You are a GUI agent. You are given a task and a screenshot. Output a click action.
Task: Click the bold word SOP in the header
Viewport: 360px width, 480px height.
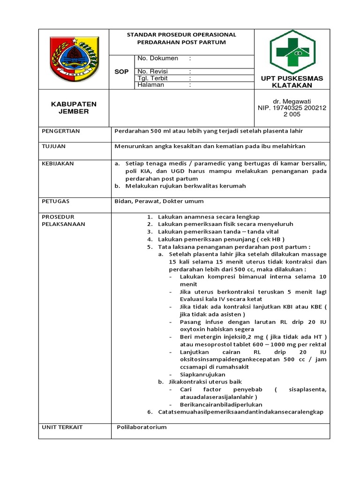(x=121, y=72)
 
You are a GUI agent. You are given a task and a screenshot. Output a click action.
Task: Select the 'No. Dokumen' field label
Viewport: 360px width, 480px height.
(x=157, y=59)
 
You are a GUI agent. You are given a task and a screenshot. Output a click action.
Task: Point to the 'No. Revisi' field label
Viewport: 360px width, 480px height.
(x=153, y=72)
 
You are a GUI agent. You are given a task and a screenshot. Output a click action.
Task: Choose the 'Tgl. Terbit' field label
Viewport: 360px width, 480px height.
(x=153, y=78)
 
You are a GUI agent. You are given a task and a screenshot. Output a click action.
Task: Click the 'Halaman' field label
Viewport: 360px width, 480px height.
(x=151, y=85)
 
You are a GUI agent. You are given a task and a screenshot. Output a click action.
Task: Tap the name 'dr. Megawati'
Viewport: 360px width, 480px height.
(x=292, y=101)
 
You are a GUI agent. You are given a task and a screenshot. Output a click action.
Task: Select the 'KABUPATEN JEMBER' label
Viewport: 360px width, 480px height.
(x=74, y=108)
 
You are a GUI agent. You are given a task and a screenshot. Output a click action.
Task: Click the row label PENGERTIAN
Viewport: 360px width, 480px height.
(x=61, y=131)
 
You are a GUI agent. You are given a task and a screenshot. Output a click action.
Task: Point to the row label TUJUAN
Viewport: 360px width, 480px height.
(x=54, y=146)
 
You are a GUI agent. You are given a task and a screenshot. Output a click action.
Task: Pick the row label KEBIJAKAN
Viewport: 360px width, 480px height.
(x=58, y=164)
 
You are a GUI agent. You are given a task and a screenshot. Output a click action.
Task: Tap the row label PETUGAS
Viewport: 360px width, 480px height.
(x=56, y=201)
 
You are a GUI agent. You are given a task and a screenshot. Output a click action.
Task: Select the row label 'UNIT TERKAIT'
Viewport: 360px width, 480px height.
(x=62, y=427)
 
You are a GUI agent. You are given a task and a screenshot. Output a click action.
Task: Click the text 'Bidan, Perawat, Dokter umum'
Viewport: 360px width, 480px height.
(x=159, y=201)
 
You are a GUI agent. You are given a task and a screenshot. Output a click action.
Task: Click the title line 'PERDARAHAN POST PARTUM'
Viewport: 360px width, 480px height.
(x=181, y=42)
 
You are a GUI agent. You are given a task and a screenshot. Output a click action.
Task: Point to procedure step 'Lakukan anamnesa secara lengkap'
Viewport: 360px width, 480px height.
(x=209, y=217)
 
